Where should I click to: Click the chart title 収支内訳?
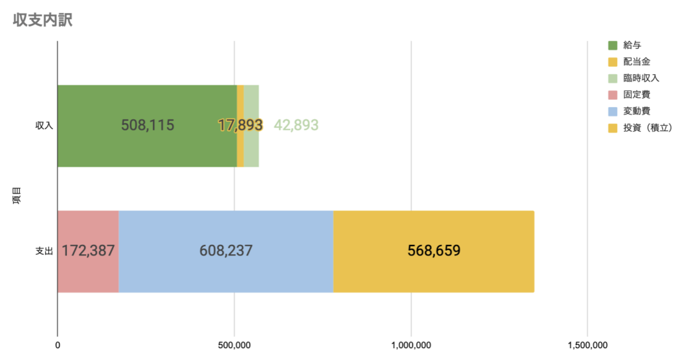[x=42, y=21]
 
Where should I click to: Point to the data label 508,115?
[x=148, y=125]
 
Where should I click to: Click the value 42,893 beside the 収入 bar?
[x=296, y=125]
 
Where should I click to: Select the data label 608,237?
[x=226, y=251]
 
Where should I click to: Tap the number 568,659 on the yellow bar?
[x=434, y=251]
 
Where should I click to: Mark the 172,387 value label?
[x=88, y=251]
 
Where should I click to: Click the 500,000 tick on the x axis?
[x=234, y=345]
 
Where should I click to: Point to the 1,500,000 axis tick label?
[x=588, y=345]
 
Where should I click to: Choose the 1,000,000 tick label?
[x=411, y=345]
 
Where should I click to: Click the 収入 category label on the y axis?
[x=44, y=126]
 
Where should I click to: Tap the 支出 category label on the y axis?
[x=44, y=251]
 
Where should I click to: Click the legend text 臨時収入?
[x=641, y=78]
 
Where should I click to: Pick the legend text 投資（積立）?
[x=648, y=128]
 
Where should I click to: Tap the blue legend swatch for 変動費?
[x=612, y=111]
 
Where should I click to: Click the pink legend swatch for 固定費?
[x=612, y=95]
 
